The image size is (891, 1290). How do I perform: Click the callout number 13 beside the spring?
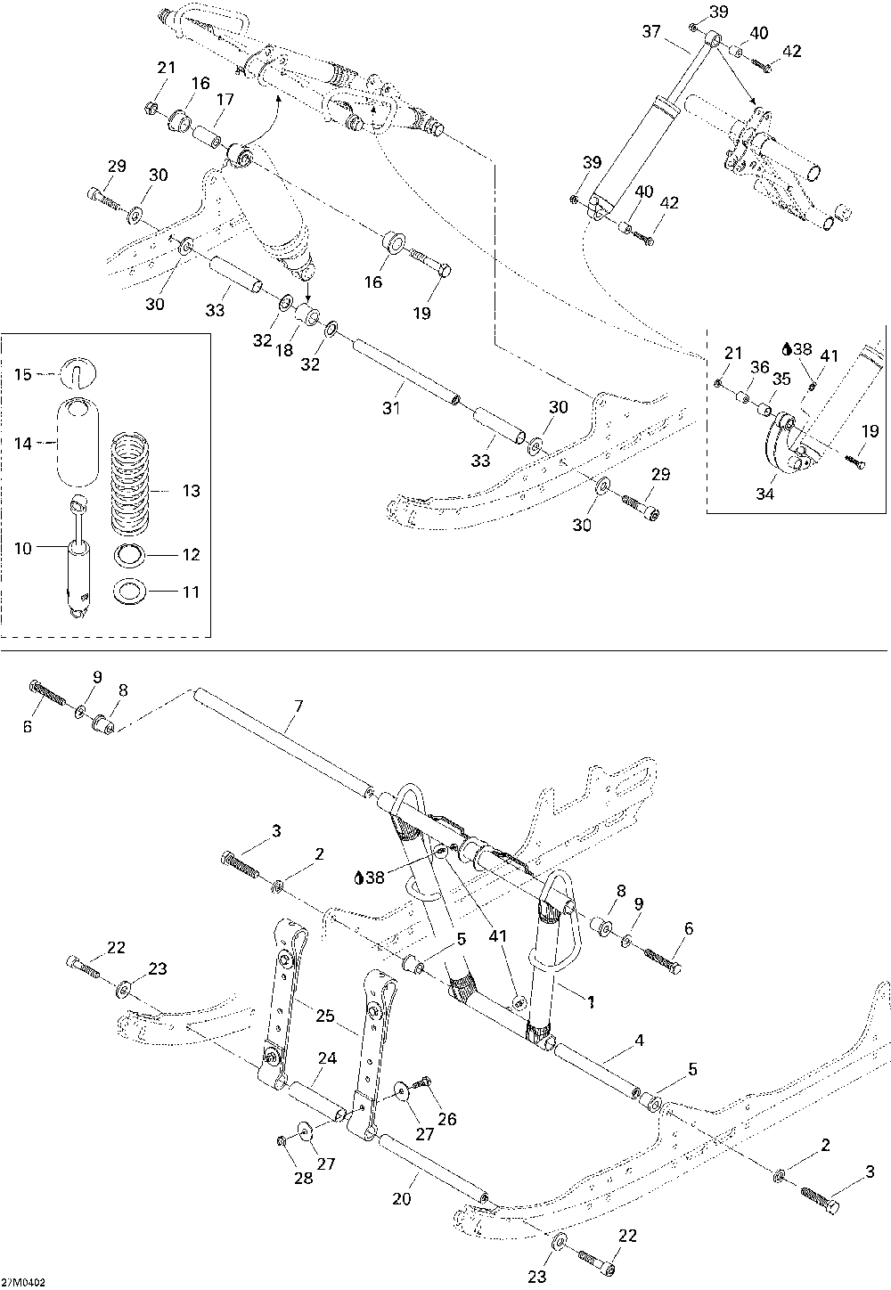coord(191,491)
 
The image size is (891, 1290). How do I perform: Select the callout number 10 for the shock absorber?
coord(23,549)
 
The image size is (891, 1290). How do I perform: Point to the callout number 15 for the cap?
coord(23,375)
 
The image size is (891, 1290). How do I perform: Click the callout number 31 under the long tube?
coord(391,408)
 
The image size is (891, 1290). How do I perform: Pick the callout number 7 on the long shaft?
coord(298,706)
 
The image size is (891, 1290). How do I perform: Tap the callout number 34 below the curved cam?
coord(764,494)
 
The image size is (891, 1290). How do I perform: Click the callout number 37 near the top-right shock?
coord(651,31)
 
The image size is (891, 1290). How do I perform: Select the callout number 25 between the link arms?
coord(325,1016)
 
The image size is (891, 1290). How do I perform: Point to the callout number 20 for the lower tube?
coord(402,1199)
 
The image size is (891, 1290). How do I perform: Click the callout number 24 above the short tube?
coord(327,1058)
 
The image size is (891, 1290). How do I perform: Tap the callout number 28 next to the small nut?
coord(304,1178)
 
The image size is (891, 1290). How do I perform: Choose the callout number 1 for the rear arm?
coord(591,1002)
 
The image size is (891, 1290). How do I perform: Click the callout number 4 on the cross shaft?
coord(639,1040)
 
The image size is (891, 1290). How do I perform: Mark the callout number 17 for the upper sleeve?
coord(225,100)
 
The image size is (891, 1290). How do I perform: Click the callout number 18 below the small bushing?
coord(284,350)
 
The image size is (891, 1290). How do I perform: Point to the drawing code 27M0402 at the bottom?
coord(23,1283)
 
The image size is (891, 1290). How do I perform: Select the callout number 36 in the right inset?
coord(760,367)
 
